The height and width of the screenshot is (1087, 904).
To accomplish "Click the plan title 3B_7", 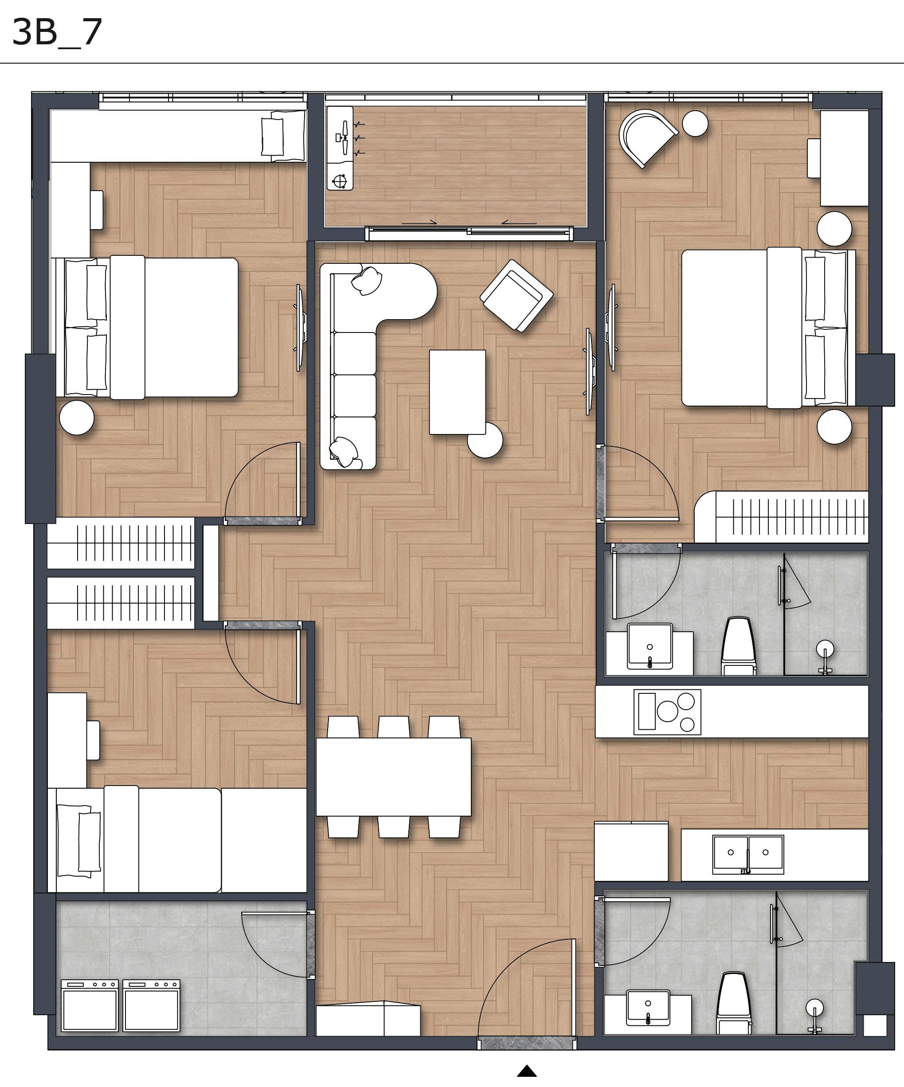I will (x=57, y=32).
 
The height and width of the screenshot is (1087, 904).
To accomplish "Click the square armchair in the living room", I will (x=516, y=296).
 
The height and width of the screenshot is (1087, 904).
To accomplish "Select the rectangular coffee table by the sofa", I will (x=457, y=392).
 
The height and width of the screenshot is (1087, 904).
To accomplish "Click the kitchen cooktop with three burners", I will (x=667, y=712).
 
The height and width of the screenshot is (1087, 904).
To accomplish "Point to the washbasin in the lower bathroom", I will (x=648, y=1007).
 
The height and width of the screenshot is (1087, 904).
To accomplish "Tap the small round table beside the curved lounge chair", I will (x=695, y=124).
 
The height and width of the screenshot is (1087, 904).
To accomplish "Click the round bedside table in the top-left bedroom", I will (x=77, y=417).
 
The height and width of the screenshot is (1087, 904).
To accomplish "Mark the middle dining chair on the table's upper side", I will (x=394, y=727).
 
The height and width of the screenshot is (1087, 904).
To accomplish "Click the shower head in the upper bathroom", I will (x=825, y=649).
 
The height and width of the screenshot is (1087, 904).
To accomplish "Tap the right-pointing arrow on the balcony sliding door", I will (x=419, y=223).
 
